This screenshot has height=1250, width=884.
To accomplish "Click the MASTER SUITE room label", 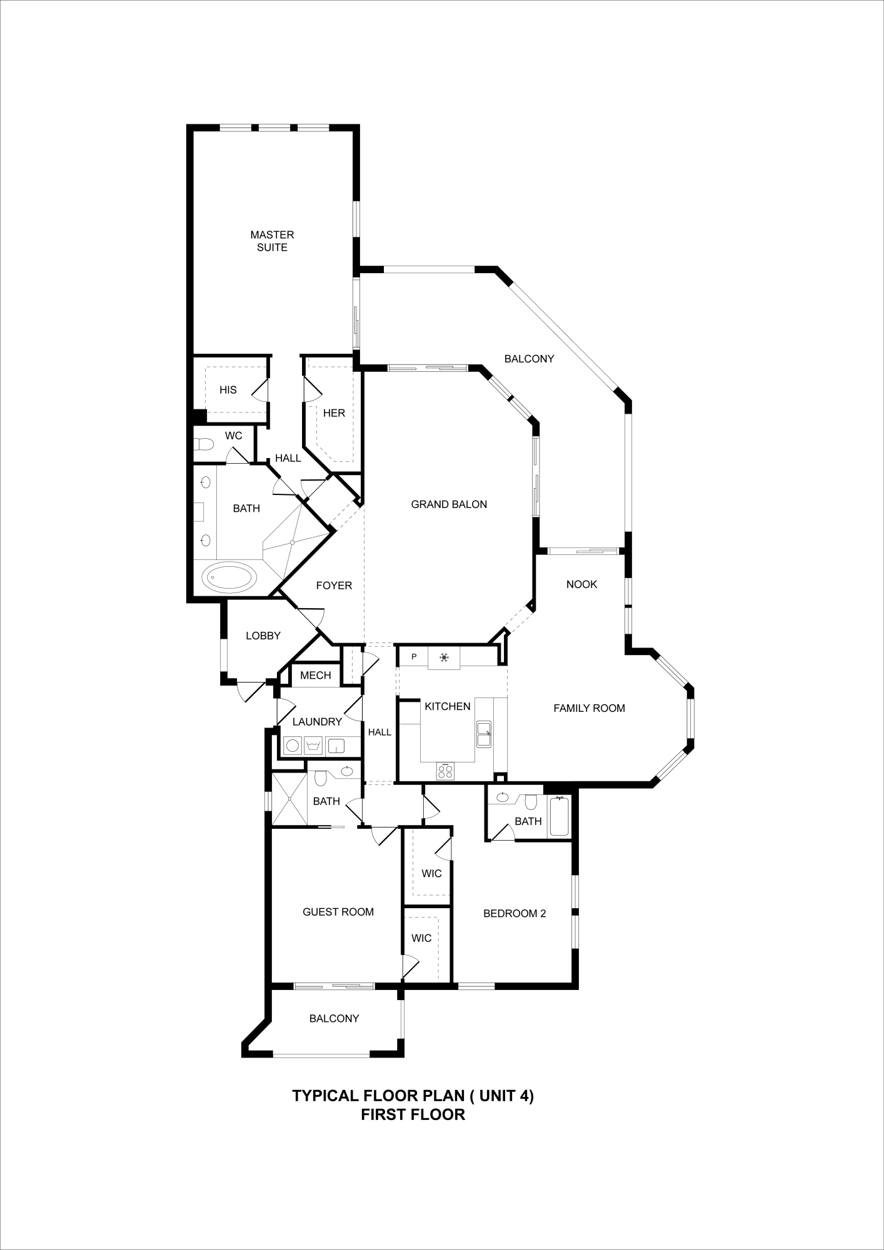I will click(x=272, y=241).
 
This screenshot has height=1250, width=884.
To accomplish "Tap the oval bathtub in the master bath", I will click(x=229, y=577).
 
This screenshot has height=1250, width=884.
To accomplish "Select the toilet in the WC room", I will click(x=204, y=445).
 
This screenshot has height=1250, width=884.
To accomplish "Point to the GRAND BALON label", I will click(x=449, y=504).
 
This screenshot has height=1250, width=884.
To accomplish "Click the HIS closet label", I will click(x=228, y=390).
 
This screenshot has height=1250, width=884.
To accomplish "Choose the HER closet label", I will click(x=334, y=413).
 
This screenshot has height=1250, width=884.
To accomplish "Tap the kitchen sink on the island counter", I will click(x=483, y=734).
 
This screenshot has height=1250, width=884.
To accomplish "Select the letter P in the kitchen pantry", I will click(x=414, y=657).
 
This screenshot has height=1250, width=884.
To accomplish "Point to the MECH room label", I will click(x=316, y=676).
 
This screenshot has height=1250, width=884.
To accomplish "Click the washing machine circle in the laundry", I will click(x=292, y=745).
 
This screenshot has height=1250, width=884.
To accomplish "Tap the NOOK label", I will click(x=581, y=584).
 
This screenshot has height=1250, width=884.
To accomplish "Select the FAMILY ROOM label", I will click(x=589, y=708).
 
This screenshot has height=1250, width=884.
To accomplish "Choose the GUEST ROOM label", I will click(x=338, y=912).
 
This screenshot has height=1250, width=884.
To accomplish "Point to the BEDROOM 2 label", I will click(x=515, y=914).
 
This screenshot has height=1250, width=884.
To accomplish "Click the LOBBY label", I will click(x=263, y=636).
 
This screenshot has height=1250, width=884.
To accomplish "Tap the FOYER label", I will click(x=334, y=586).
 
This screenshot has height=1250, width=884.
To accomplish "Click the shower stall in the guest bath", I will click(x=289, y=800).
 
